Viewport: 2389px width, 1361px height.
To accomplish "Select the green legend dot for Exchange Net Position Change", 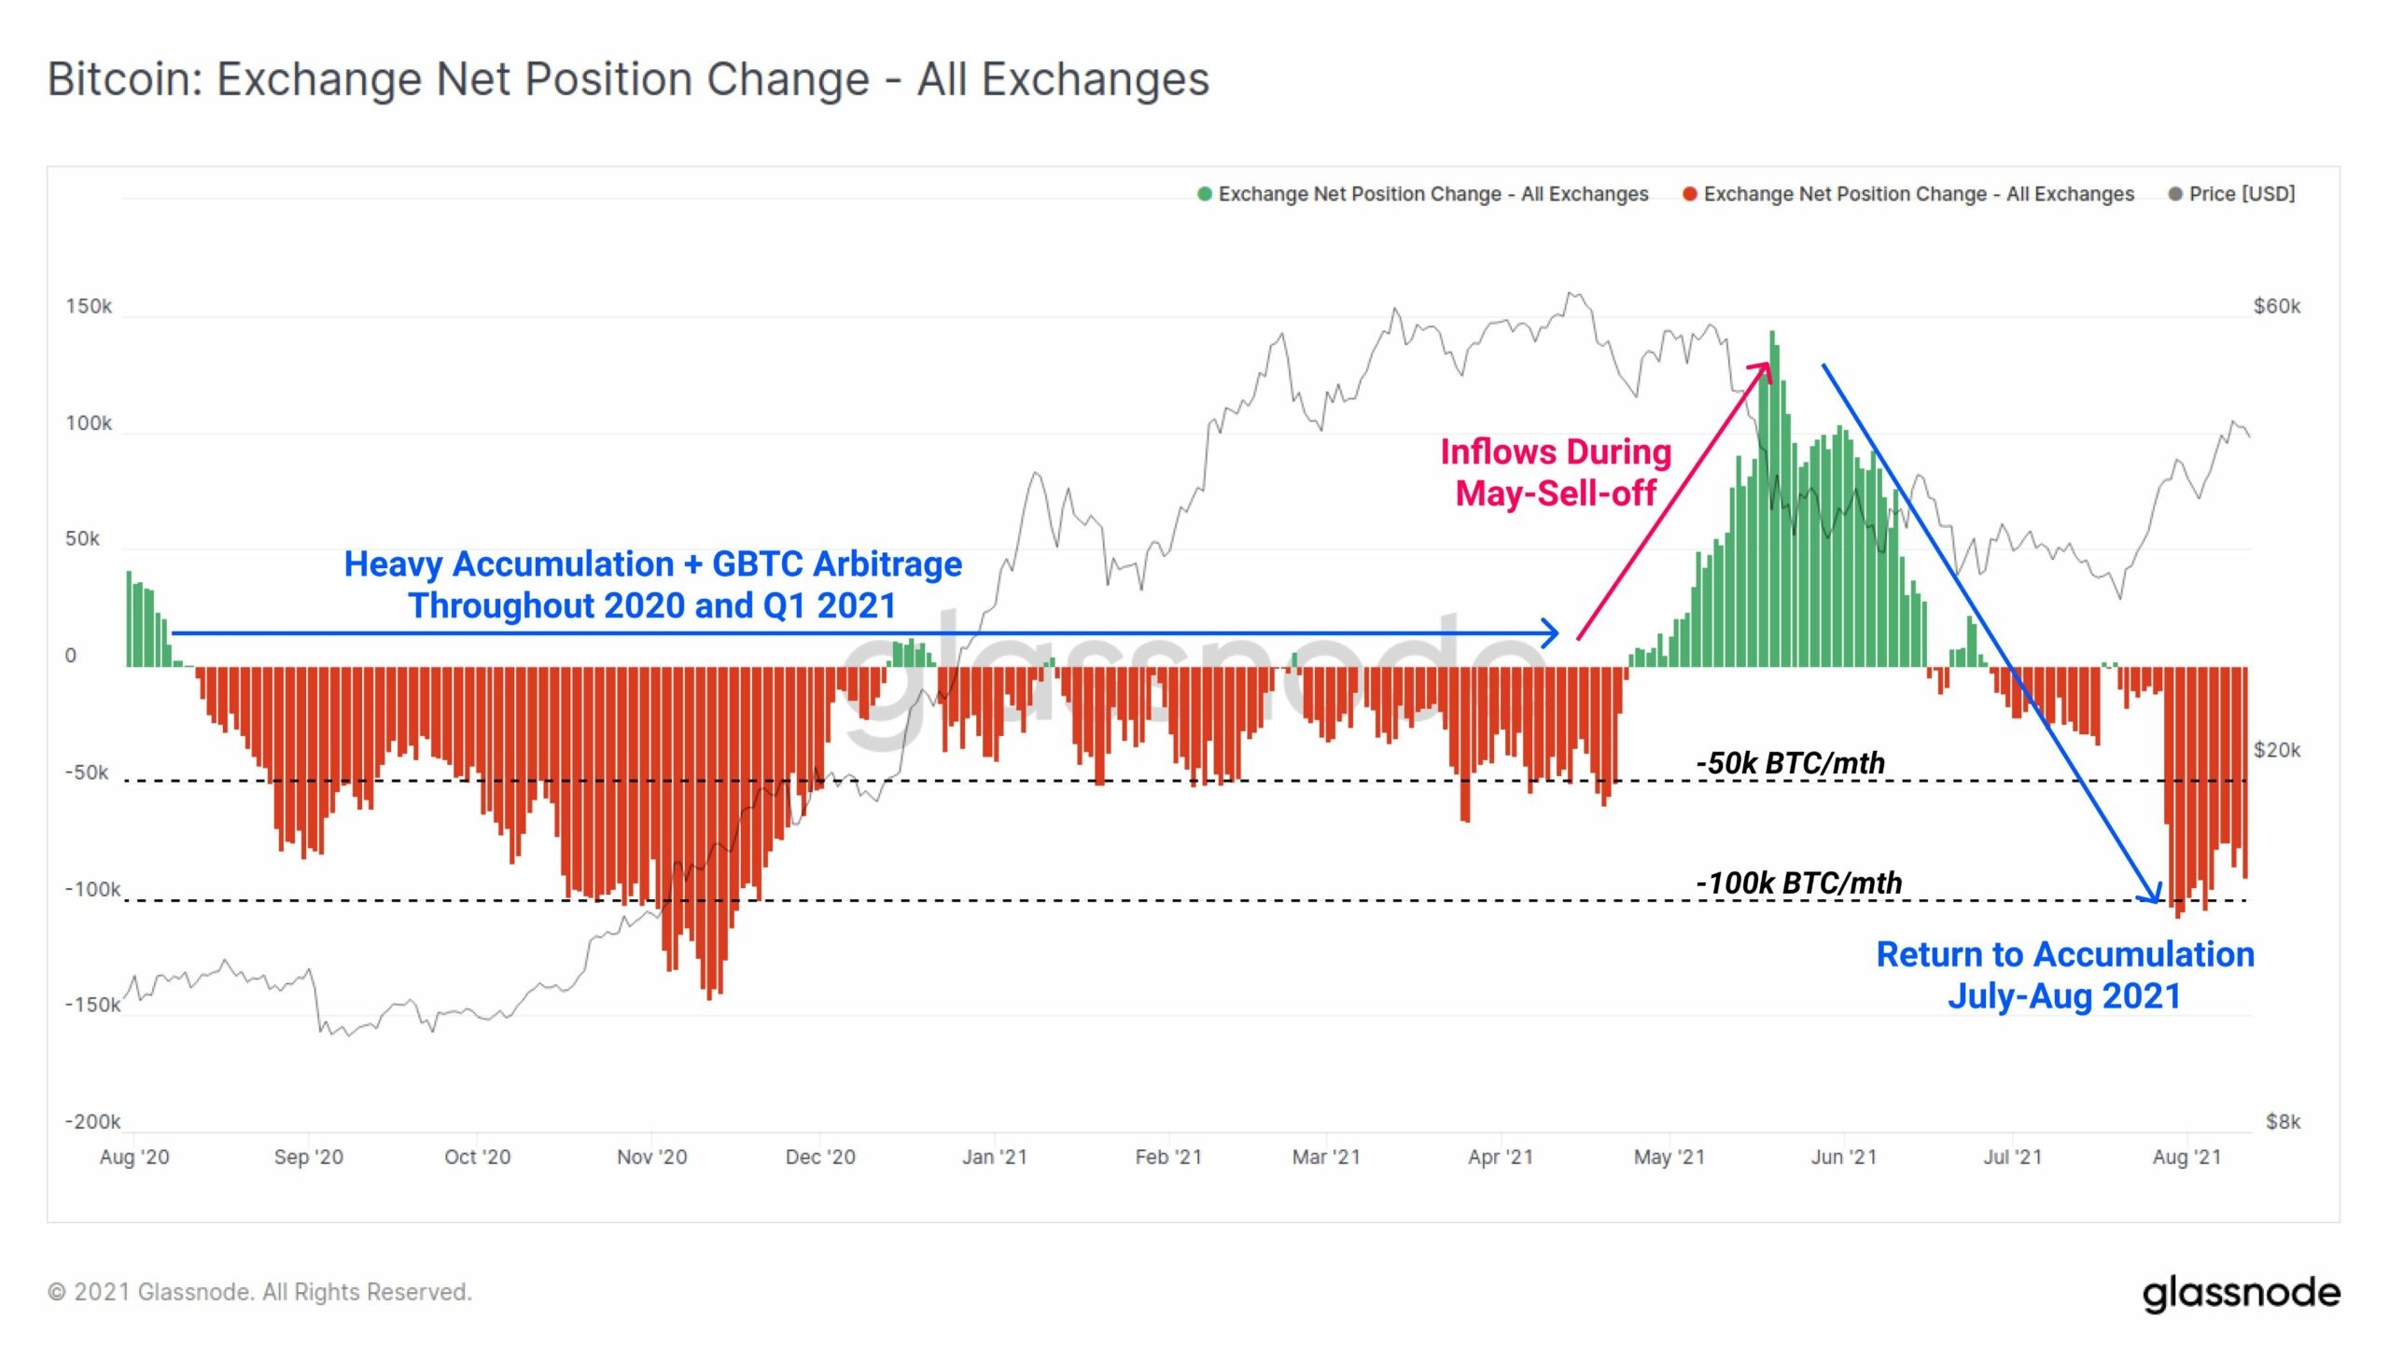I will (1205, 193).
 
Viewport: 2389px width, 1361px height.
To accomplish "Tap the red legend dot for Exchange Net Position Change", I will (1690, 193).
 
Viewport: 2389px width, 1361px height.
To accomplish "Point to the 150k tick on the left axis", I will (88, 307).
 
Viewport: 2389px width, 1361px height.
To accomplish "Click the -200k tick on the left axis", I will (91, 1120).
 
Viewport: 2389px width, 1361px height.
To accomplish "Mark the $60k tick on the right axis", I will (2276, 307).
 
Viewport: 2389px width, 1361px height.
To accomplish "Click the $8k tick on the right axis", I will (2283, 1120).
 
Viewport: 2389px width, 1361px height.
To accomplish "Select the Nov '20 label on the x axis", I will (651, 1157).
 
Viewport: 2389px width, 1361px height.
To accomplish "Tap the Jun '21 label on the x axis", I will (1843, 1157).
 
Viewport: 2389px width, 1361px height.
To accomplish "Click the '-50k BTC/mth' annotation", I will (1790, 763).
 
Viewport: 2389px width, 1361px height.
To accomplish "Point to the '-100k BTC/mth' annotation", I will (1798, 882).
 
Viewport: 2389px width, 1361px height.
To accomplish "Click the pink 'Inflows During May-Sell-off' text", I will (1555, 472).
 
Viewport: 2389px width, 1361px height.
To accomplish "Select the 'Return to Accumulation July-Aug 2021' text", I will (2064, 975).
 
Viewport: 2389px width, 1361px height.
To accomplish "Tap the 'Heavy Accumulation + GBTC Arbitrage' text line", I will (652, 564).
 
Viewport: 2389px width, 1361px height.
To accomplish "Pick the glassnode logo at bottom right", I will (2241, 1293).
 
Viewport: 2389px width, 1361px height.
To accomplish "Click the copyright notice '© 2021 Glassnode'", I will (260, 1292).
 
